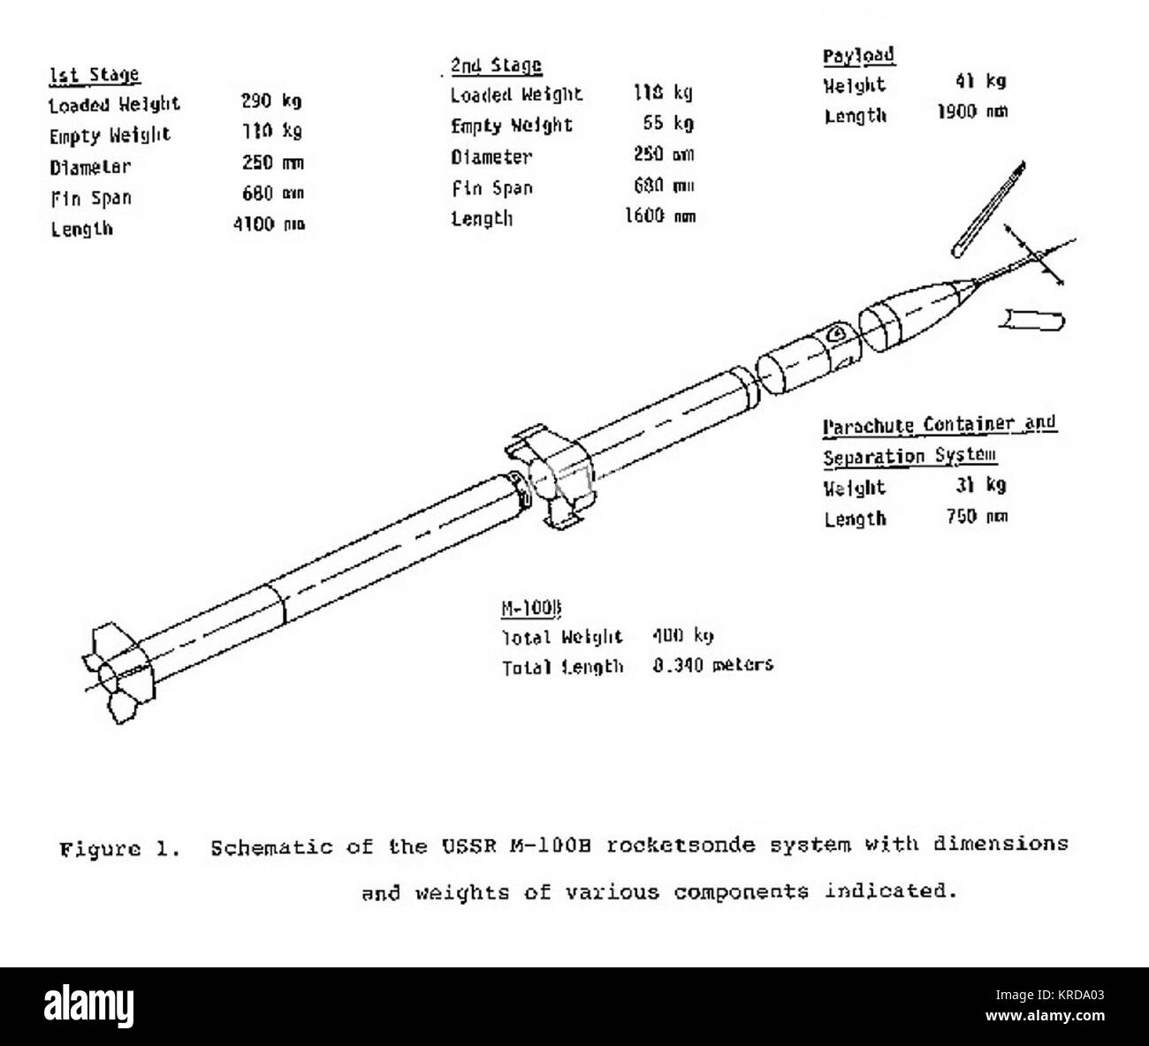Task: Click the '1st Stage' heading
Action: [x=94, y=74]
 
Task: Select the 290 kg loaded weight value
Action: [x=271, y=102]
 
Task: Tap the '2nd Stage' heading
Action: [x=496, y=65]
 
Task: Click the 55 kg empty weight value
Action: [x=669, y=124]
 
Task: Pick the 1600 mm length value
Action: [x=660, y=216]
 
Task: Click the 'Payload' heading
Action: [x=858, y=56]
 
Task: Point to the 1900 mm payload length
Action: [x=971, y=113]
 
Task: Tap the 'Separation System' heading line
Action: [x=910, y=456]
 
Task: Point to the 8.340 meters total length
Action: [x=712, y=665]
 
